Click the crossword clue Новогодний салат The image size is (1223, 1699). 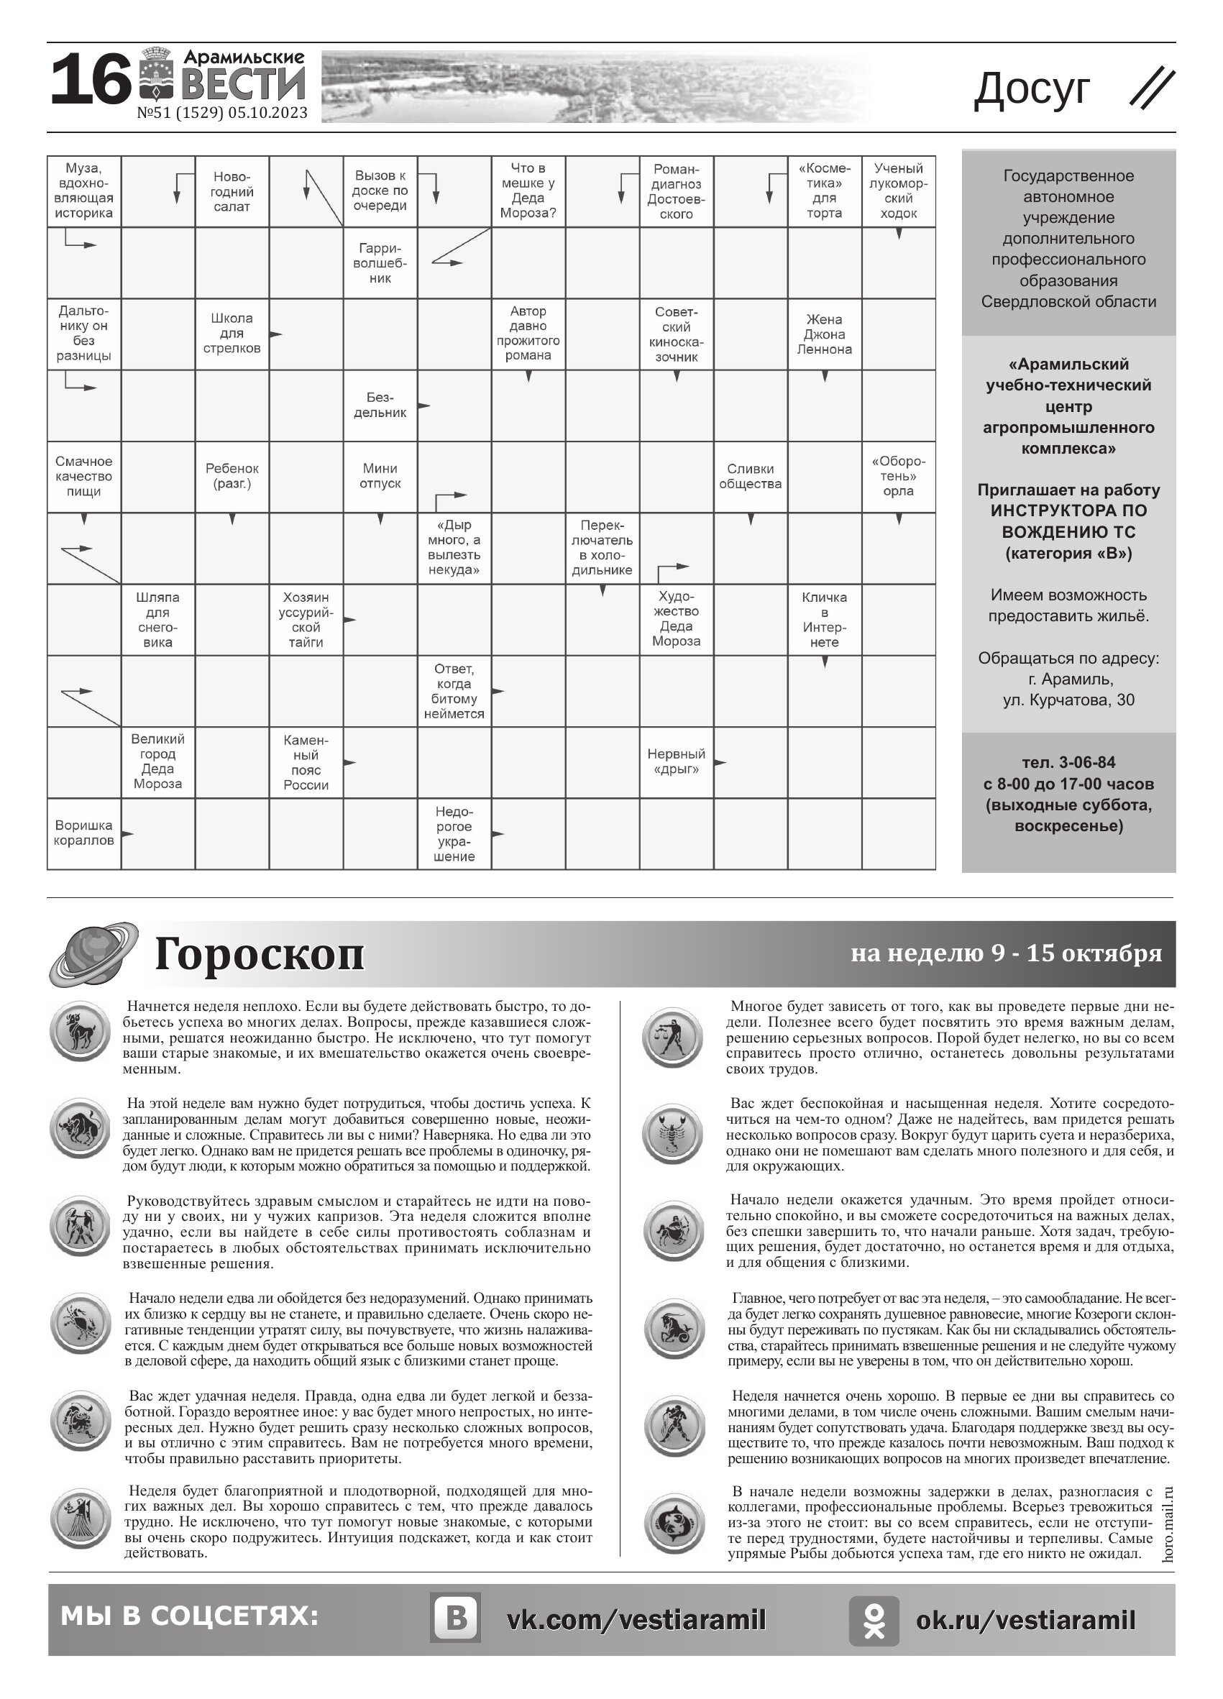(x=232, y=192)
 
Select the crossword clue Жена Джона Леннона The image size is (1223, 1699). (x=824, y=334)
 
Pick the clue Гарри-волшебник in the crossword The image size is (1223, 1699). (x=380, y=263)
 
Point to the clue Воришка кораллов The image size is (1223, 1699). (x=84, y=833)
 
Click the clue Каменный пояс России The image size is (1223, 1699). (x=306, y=763)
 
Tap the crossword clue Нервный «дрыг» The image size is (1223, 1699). (x=677, y=762)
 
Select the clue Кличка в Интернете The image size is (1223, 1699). (x=824, y=620)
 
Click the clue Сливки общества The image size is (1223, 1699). (x=750, y=477)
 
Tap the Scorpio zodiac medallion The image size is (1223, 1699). (x=673, y=1133)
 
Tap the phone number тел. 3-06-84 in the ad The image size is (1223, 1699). (x=1068, y=763)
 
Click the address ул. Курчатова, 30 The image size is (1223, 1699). (x=1068, y=700)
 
